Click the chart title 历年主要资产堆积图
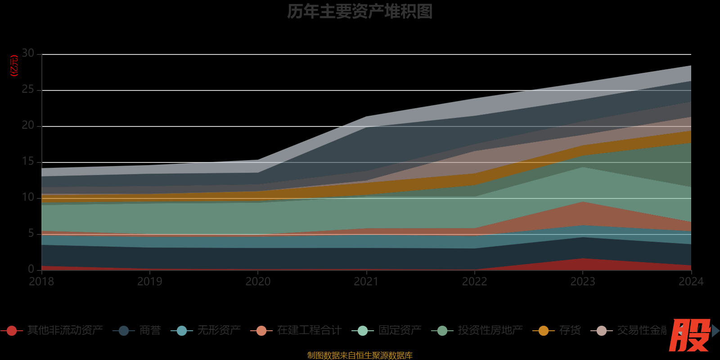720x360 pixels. click(x=360, y=12)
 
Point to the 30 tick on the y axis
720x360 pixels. click(x=28, y=54)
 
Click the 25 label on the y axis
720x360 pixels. click(x=28, y=90)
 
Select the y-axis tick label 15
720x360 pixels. click(x=28, y=162)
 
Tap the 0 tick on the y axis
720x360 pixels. click(x=31, y=269)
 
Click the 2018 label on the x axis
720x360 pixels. click(x=41, y=282)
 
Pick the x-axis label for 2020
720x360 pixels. click(x=258, y=282)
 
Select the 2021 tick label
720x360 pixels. click(x=366, y=282)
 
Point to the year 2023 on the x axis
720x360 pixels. click(x=583, y=282)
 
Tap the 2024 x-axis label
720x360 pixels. click(x=691, y=282)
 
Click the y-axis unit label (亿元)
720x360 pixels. click(x=14, y=66)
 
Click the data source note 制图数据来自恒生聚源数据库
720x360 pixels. click(x=360, y=355)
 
